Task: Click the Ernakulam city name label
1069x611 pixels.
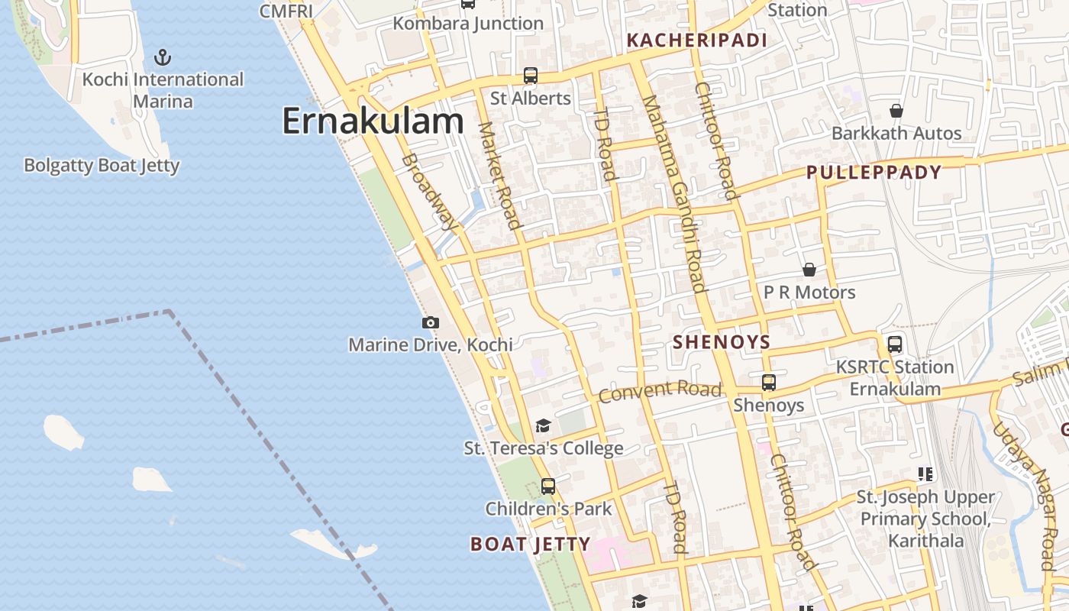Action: point(373,121)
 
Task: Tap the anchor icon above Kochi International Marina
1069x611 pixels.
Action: point(162,57)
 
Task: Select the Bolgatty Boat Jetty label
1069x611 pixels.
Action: point(102,166)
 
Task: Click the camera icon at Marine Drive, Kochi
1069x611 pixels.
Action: point(431,323)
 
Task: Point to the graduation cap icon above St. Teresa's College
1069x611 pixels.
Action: point(543,425)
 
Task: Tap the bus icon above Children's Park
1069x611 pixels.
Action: point(548,486)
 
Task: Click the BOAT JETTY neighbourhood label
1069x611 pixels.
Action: point(530,544)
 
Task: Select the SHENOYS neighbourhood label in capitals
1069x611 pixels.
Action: point(722,342)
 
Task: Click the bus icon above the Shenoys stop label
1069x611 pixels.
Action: point(769,382)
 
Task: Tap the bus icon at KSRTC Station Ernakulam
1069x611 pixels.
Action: point(894,344)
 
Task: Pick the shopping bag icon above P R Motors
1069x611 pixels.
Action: point(809,270)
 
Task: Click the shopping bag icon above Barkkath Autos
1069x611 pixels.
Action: point(896,111)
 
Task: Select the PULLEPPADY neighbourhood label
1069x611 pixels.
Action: point(874,173)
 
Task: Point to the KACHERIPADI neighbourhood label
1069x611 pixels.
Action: point(696,40)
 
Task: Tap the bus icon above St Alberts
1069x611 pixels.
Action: point(530,76)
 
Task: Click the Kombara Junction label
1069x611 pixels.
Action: point(468,24)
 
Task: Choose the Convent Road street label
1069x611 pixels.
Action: point(660,391)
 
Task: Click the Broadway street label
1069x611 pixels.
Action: point(429,191)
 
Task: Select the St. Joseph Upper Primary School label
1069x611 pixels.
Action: point(925,519)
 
